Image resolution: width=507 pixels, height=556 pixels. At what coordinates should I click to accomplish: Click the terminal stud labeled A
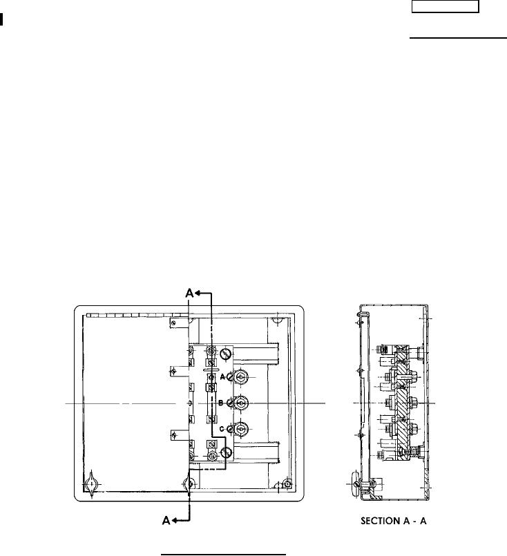(241, 377)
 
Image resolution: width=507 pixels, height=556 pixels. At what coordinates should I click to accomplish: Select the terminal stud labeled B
(241, 403)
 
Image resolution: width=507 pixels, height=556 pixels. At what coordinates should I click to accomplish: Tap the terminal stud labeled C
(241, 429)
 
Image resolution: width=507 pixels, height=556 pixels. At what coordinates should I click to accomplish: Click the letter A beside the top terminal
(222, 376)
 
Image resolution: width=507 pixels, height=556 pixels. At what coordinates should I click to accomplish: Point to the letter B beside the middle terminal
(220, 403)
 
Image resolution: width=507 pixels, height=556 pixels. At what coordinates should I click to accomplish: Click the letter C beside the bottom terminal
(222, 429)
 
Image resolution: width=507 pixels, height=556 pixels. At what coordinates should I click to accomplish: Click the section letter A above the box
(190, 294)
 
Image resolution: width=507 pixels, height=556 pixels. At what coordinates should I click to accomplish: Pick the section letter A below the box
(166, 520)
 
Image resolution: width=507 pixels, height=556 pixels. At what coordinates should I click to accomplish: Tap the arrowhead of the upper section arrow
(198, 294)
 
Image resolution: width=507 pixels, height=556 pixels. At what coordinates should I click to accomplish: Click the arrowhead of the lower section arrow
(175, 521)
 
